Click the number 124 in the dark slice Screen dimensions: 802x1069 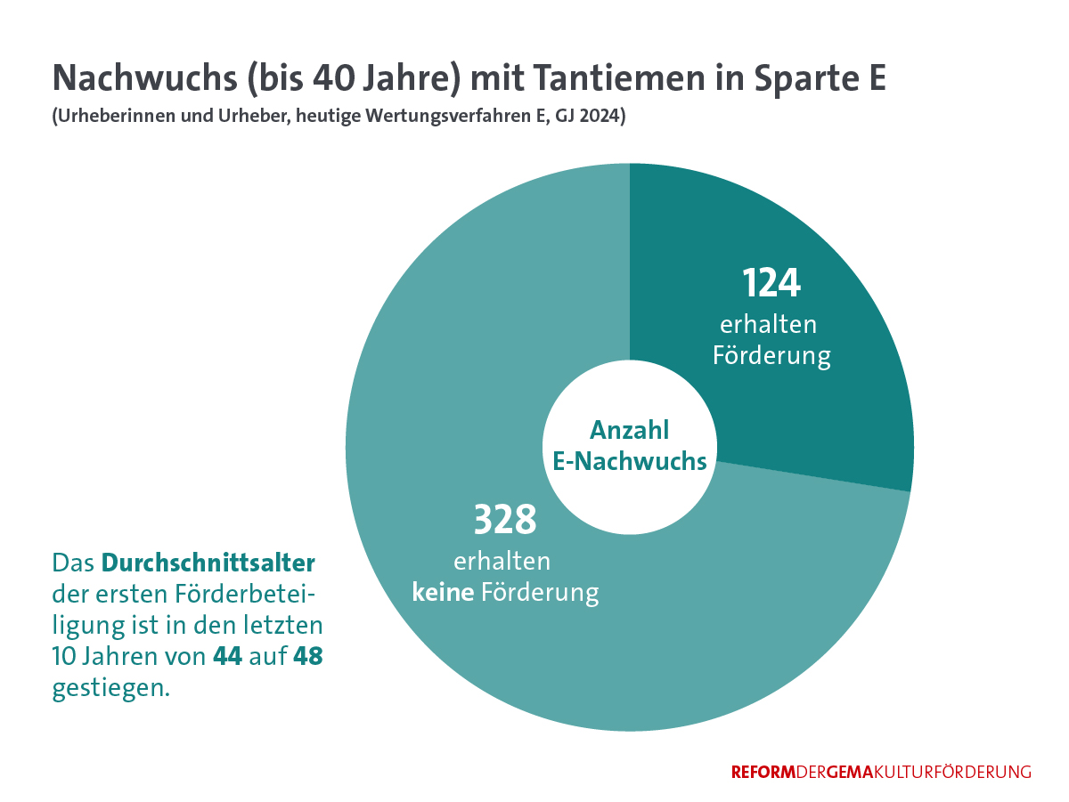pyautogui.click(x=772, y=283)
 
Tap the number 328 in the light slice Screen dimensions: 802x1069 pyautogui.click(x=504, y=520)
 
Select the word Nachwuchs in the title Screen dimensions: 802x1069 pyautogui.click(x=143, y=78)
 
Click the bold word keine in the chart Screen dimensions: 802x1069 pyautogui.click(x=442, y=592)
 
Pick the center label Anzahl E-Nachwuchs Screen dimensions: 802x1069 pyautogui.click(x=630, y=446)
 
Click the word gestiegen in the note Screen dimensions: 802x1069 pyautogui.click(x=110, y=689)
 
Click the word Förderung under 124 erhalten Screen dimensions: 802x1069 pyautogui.click(x=771, y=356)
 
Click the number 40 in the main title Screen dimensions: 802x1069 pyautogui.click(x=331, y=78)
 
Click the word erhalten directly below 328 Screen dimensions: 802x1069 pyautogui.click(x=502, y=562)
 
